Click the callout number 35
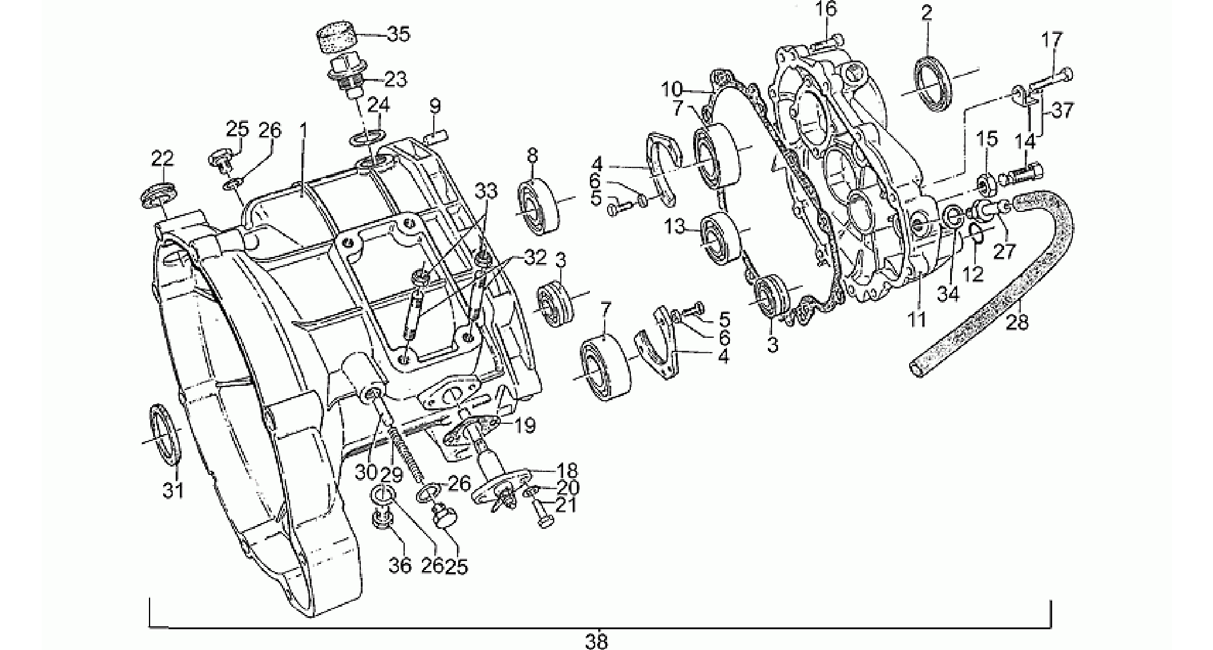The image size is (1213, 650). pos(398,34)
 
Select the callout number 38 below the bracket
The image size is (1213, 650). pos(596,641)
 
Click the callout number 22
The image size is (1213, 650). pos(163,158)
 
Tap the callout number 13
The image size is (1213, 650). pos(675,226)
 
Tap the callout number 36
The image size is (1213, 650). pos(399,565)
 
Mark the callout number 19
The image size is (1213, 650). pos(525,425)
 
